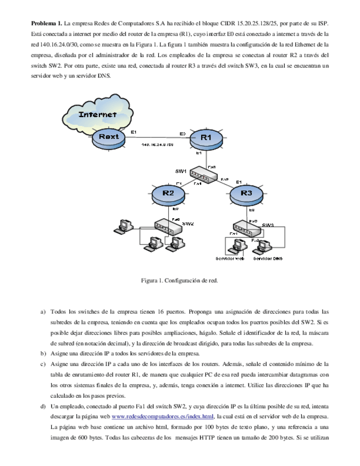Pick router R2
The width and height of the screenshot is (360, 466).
click(x=168, y=193)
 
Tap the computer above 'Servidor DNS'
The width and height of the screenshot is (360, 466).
click(x=265, y=247)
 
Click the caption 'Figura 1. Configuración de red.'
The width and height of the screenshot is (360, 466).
click(x=180, y=281)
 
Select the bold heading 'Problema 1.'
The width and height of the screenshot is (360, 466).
click(x=47, y=24)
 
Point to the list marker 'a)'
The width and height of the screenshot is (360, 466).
click(x=43, y=312)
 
